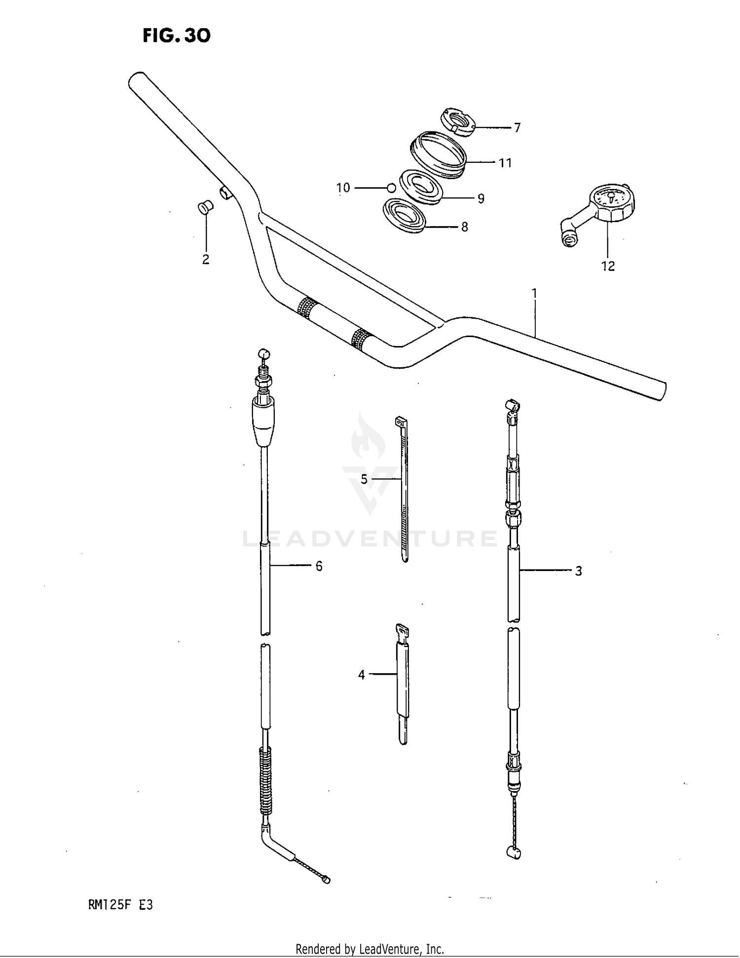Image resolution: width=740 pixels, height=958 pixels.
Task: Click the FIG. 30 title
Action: pyautogui.click(x=177, y=36)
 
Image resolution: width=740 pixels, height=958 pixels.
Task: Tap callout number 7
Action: pyautogui.click(x=517, y=128)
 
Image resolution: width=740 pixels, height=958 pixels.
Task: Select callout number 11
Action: pyautogui.click(x=505, y=162)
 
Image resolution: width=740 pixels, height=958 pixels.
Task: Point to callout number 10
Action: pyautogui.click(x=343, y=188)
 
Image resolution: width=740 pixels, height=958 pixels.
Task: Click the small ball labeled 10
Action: pyautogui.click(x=391, y=188)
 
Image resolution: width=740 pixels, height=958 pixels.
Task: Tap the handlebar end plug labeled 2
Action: pyautogui.click(x=204, y=207)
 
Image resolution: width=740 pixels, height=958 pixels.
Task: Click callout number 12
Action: pyautogui.click(x=608, y=266)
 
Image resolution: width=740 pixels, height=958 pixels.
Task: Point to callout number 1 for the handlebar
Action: pyautogui.click(x=534, y=293)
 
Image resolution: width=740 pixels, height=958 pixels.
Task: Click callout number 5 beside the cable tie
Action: pyautogui.click(x=364, y=479)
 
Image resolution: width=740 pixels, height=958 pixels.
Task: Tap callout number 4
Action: pyautogui.click(x=362, y=674)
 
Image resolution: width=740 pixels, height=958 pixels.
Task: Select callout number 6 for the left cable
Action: pyautogui.click(x=319, y=566)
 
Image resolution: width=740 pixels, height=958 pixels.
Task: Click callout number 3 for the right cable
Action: pyautogui.click(x=578, y=571)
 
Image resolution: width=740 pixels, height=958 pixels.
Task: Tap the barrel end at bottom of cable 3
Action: pyautogui.click(x=514, y=853)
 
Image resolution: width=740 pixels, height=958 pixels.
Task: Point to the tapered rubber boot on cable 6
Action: pyautogui.click(x=264, y=422)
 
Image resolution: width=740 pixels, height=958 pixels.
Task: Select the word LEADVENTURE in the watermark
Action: pyautogui.click(x=370, y=538)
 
